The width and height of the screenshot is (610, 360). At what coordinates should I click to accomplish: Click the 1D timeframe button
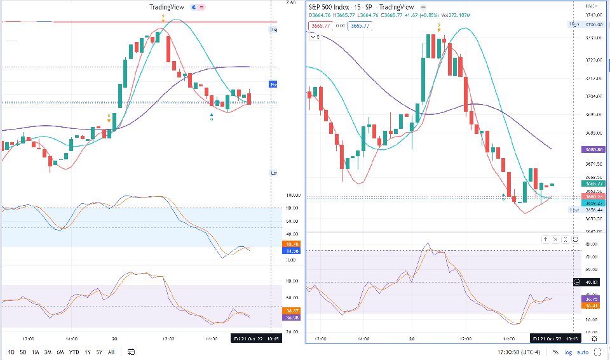[11, 351]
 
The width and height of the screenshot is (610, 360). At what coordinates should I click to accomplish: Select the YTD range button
[74, 351]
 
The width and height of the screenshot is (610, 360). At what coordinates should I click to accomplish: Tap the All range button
[111, 351]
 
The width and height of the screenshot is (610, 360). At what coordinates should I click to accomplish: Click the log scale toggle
[567, 351]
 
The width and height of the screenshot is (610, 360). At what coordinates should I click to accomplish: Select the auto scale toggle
[583, 351]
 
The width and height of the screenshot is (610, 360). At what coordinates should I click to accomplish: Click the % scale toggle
[555, 351]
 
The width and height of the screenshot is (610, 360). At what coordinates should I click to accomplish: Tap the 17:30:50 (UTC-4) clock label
[520, 351]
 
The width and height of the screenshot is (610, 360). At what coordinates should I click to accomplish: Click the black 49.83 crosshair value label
[592, 283]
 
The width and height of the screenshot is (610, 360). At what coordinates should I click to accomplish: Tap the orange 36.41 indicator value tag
[592, 305]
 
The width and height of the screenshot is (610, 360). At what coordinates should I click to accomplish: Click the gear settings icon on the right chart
[594, 338]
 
